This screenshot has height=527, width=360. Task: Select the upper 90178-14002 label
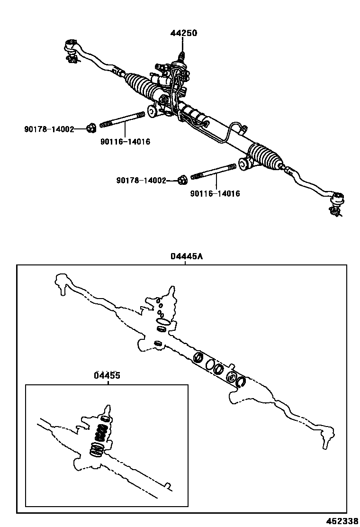(49, 129)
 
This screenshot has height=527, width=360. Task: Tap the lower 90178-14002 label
(141, 181)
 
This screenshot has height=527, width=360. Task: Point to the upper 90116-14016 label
(125, 142)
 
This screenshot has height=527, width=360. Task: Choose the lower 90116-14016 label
(215, 193)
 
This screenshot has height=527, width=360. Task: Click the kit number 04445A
(186, 256)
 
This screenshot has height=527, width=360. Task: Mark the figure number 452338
(342, 521)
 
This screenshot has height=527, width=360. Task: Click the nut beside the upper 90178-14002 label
(91, 127)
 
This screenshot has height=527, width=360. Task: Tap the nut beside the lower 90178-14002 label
(181, 180)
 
